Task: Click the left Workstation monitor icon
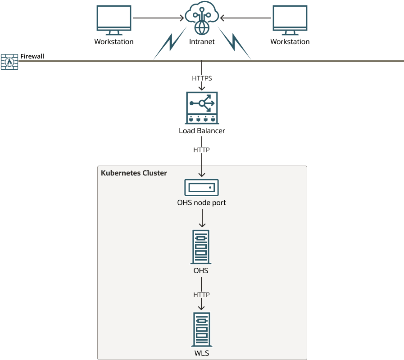coord(114,20)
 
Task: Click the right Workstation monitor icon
coord(290,20)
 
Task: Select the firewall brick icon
coord(9,62)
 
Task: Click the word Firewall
coord(32,57)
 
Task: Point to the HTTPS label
coord(202,78)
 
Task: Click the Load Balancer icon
coord(202,108)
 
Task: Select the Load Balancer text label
coord(202,131)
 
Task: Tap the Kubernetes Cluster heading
coord(134,173)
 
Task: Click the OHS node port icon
coord(202,187)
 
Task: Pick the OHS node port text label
coord(202,203)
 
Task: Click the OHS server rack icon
coord(201,247)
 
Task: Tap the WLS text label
coord(201,353)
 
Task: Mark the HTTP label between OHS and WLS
coord(202,295)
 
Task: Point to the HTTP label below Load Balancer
coord(202,150)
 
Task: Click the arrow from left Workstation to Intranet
coord(158,18)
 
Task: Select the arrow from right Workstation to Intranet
coord(246,18)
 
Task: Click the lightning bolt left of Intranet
coord(170,43)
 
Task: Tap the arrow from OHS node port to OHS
coord(202,219)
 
